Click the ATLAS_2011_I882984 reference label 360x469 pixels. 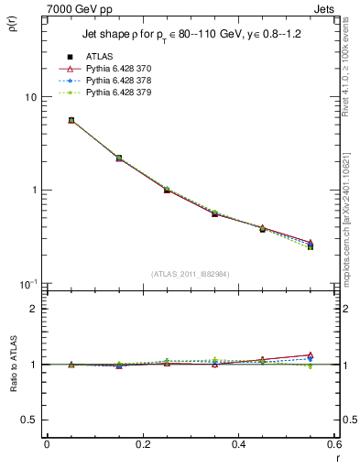click(x=191, y=274)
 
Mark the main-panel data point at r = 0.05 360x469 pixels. click(x=71, y=120)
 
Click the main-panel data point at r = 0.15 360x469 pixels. click(x=118, y=158)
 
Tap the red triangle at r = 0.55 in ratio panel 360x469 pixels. click(x=310, y=354)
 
